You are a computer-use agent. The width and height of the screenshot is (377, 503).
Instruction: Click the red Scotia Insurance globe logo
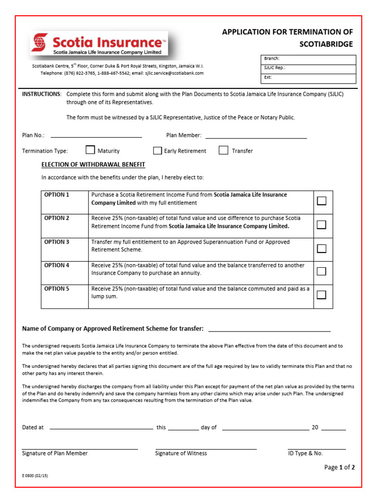tap(39, 43)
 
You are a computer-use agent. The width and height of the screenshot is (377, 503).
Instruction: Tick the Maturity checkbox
tap(90, 150)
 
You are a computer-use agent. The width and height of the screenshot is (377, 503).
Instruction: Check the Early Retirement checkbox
tap(157, 150)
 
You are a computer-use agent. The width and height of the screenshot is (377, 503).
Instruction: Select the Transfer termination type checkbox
tap(223, 150)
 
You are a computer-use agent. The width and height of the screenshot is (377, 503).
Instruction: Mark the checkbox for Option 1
tap(322, 200)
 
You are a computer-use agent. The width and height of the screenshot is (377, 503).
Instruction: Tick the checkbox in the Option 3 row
tap(322, 248)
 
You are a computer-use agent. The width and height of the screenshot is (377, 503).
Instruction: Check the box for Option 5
tap(322, 295)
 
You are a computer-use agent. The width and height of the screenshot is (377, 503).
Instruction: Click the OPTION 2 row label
tap(57, 218)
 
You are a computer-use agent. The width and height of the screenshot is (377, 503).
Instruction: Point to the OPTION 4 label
tap(57, 265)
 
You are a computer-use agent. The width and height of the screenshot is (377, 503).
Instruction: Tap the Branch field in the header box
tap(308, 59)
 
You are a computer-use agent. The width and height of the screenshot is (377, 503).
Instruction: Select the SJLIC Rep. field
tap(308, 68)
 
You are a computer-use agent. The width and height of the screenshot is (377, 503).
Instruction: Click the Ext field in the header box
tap(308, 78)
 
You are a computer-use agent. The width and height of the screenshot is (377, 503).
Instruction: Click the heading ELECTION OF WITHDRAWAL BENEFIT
tap(93, 165)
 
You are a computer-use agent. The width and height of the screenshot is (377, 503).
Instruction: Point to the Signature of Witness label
tap(181, 453)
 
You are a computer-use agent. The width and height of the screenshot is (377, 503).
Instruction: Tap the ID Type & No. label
tap(305, 453)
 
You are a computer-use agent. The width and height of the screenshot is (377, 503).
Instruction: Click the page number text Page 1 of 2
tap(339, 467)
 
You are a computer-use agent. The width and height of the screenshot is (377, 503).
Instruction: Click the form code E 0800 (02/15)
tap(35, 476)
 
